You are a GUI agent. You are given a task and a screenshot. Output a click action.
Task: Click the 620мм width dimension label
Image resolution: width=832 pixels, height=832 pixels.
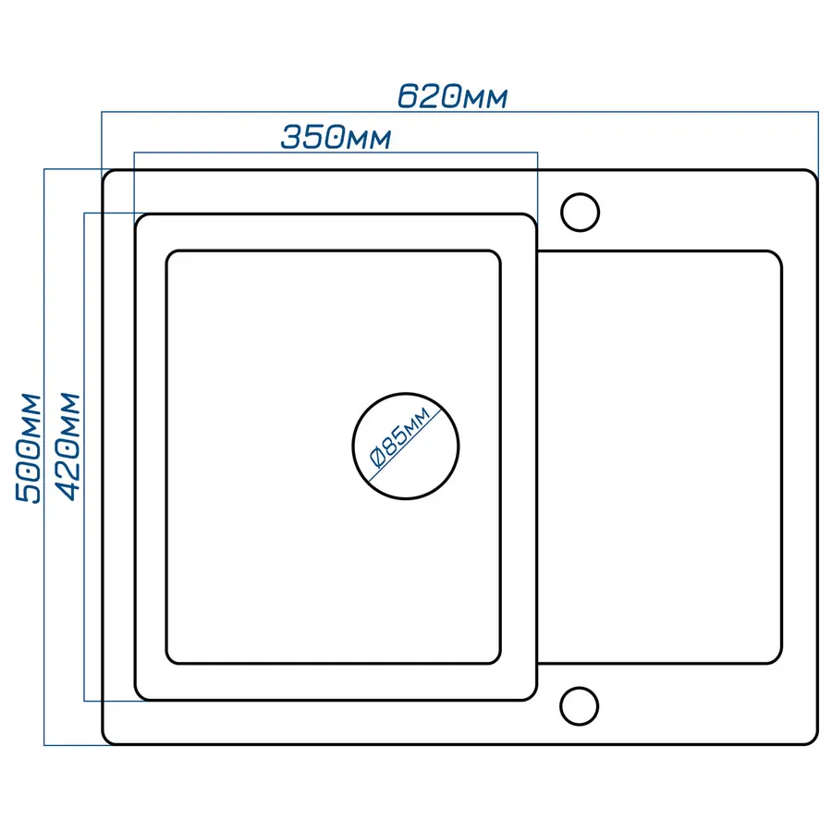click(453, 96)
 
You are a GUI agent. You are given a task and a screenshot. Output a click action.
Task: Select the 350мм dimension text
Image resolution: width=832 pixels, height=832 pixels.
click(336, 138)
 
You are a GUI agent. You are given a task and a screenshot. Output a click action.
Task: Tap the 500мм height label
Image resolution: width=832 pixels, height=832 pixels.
click(28, 447)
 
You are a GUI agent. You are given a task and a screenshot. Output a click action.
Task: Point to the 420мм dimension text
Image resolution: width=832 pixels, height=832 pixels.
click(68, 447)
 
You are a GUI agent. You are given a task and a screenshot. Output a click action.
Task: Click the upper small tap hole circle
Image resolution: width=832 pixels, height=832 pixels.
click(580, 194)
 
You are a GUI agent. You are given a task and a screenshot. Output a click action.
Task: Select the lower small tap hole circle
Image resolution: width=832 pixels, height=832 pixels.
click(579, 688)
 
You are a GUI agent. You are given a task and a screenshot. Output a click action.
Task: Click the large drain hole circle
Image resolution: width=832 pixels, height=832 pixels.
click(406, 394)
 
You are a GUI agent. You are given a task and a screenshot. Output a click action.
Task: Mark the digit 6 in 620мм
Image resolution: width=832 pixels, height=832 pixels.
click(408, 96)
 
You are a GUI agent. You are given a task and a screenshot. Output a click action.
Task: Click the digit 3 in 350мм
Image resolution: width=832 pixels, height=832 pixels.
click(291, 138)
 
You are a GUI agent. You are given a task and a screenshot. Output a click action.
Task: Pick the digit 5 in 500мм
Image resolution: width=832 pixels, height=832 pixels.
click(28, 493)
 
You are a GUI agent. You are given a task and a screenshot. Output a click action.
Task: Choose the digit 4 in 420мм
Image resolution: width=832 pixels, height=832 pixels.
click(68, 492)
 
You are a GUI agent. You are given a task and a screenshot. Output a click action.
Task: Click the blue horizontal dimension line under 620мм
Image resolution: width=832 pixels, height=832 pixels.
click(459, 112)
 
